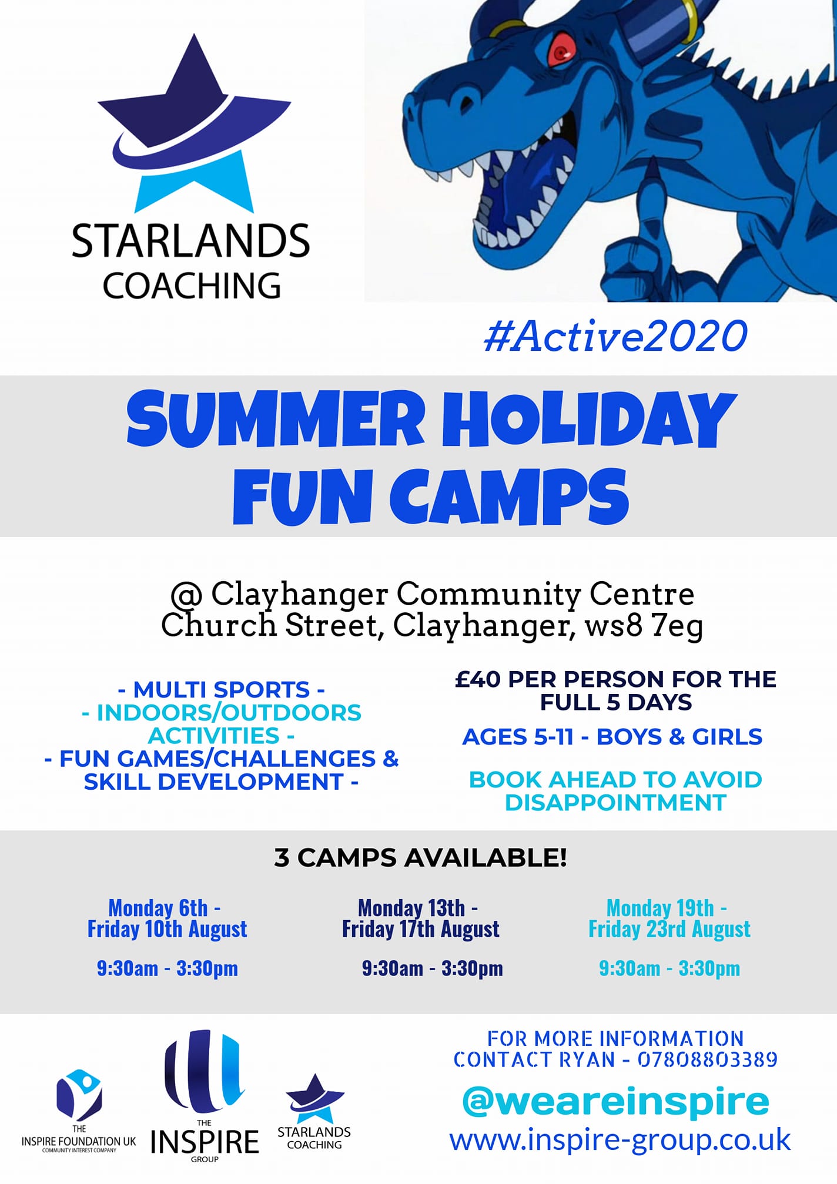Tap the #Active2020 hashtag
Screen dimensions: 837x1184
click(615, 336)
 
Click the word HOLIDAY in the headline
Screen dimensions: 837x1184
click(588, 418)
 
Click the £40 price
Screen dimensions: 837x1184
click(477, 679)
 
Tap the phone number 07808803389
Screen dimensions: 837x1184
click(708, 1059)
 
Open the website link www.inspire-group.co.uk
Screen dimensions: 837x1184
click(620, 1141)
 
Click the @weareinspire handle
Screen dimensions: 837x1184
click(615, 1102)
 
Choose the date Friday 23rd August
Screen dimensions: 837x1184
click(669, 929)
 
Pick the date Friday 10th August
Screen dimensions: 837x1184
click(168, 929)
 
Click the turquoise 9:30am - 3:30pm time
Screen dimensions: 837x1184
click(669, 968)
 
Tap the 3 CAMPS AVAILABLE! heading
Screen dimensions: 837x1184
click(421, 858)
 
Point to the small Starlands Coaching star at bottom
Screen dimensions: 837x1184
click(314, 1098)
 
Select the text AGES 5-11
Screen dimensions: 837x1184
click(518, 737)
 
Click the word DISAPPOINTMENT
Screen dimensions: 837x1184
click(615, 803)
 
